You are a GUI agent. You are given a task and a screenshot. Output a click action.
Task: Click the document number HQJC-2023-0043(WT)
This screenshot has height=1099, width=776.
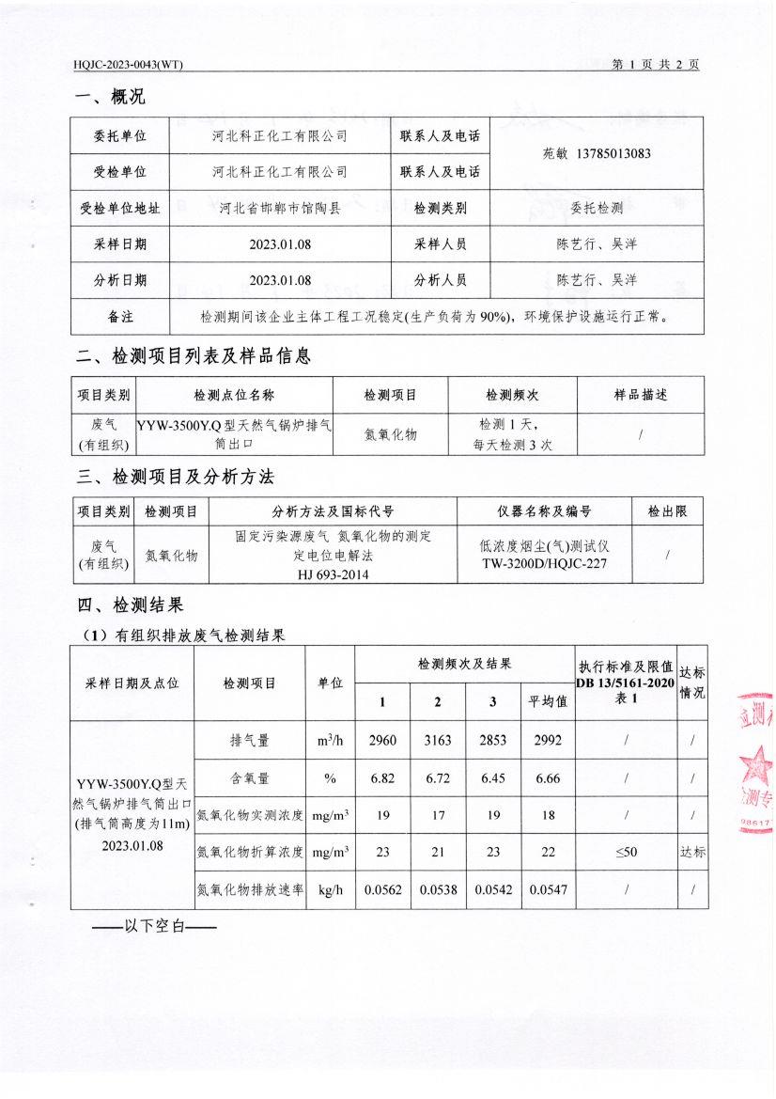(128, 65)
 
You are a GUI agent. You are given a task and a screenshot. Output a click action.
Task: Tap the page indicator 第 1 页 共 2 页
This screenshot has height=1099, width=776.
(655, 65)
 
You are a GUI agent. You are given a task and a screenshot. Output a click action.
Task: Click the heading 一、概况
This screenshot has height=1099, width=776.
(110, 97)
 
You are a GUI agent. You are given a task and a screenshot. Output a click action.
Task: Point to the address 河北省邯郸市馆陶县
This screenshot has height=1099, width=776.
(279, 209)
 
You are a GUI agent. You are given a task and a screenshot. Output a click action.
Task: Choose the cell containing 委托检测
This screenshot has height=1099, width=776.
(597, 209)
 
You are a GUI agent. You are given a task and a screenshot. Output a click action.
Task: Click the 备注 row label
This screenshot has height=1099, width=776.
(119, 317)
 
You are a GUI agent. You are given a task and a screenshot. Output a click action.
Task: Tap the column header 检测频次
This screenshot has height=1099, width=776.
(511, 396)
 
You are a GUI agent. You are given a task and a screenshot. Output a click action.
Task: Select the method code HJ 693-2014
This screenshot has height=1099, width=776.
(333, 573)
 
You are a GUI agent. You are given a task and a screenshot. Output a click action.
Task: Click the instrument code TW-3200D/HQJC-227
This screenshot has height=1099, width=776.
(545, 563)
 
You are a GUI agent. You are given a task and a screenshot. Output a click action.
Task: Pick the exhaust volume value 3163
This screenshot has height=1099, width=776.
(438, 741)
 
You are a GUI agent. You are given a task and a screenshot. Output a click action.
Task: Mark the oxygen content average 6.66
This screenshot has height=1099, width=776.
(548, 778)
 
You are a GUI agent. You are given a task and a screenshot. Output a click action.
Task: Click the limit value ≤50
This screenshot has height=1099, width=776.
(625, 853)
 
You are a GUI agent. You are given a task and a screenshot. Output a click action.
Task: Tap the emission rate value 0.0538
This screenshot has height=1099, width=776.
(438, 889)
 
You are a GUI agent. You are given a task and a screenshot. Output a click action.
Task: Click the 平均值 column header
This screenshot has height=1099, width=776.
(548, 701)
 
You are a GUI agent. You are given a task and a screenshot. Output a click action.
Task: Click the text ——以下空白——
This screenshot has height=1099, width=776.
(154, 927)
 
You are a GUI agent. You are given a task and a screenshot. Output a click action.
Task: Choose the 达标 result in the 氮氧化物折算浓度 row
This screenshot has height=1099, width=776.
(692, 853)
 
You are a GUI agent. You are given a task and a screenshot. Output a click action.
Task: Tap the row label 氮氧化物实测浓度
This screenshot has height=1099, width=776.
(249, 815)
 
